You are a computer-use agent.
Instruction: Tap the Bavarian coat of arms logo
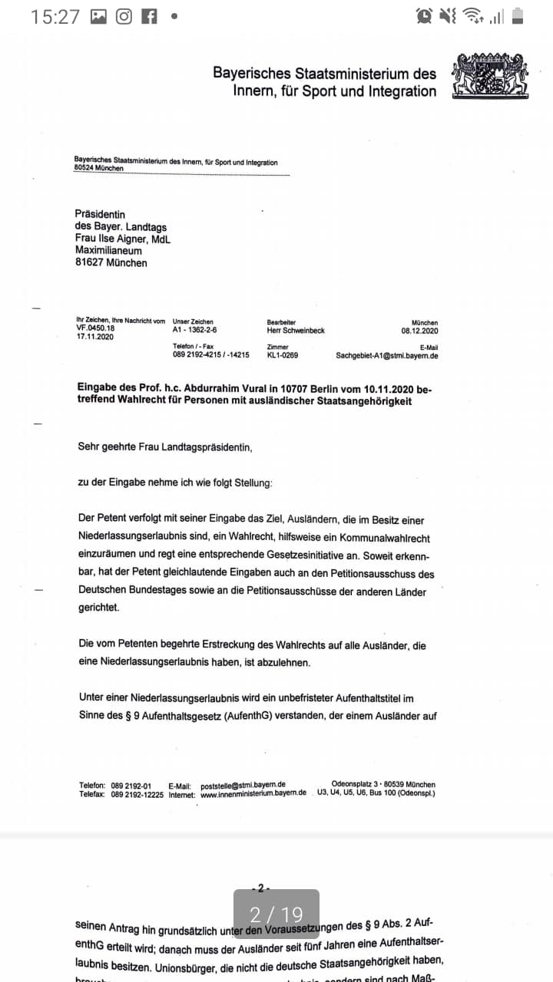click(491, 76)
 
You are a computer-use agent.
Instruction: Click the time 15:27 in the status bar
click(55, 16)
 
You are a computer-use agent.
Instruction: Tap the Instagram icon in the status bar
click(124, 16)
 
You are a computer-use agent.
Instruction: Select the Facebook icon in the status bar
click(149, 16)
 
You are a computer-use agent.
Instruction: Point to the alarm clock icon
click(423, 16)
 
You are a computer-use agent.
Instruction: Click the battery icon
click(518, 16)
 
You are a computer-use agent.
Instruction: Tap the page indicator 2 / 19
click(276, 914)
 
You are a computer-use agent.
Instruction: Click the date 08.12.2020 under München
click(419, 331)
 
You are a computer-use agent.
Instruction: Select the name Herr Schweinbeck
click(296, 331)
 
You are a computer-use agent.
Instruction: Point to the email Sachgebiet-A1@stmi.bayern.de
click(387, 356)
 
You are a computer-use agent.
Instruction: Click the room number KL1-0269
click(283, 356)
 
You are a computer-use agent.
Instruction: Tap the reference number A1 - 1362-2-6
click(195, 330)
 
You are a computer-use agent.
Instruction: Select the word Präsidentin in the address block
click(100, 214)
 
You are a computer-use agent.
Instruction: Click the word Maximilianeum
click(108, 250)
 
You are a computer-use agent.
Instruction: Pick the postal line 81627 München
click(111, 262)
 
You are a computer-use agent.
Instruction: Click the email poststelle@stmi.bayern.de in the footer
click(243, 785)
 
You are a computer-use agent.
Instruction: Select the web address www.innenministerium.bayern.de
click(253, 794)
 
